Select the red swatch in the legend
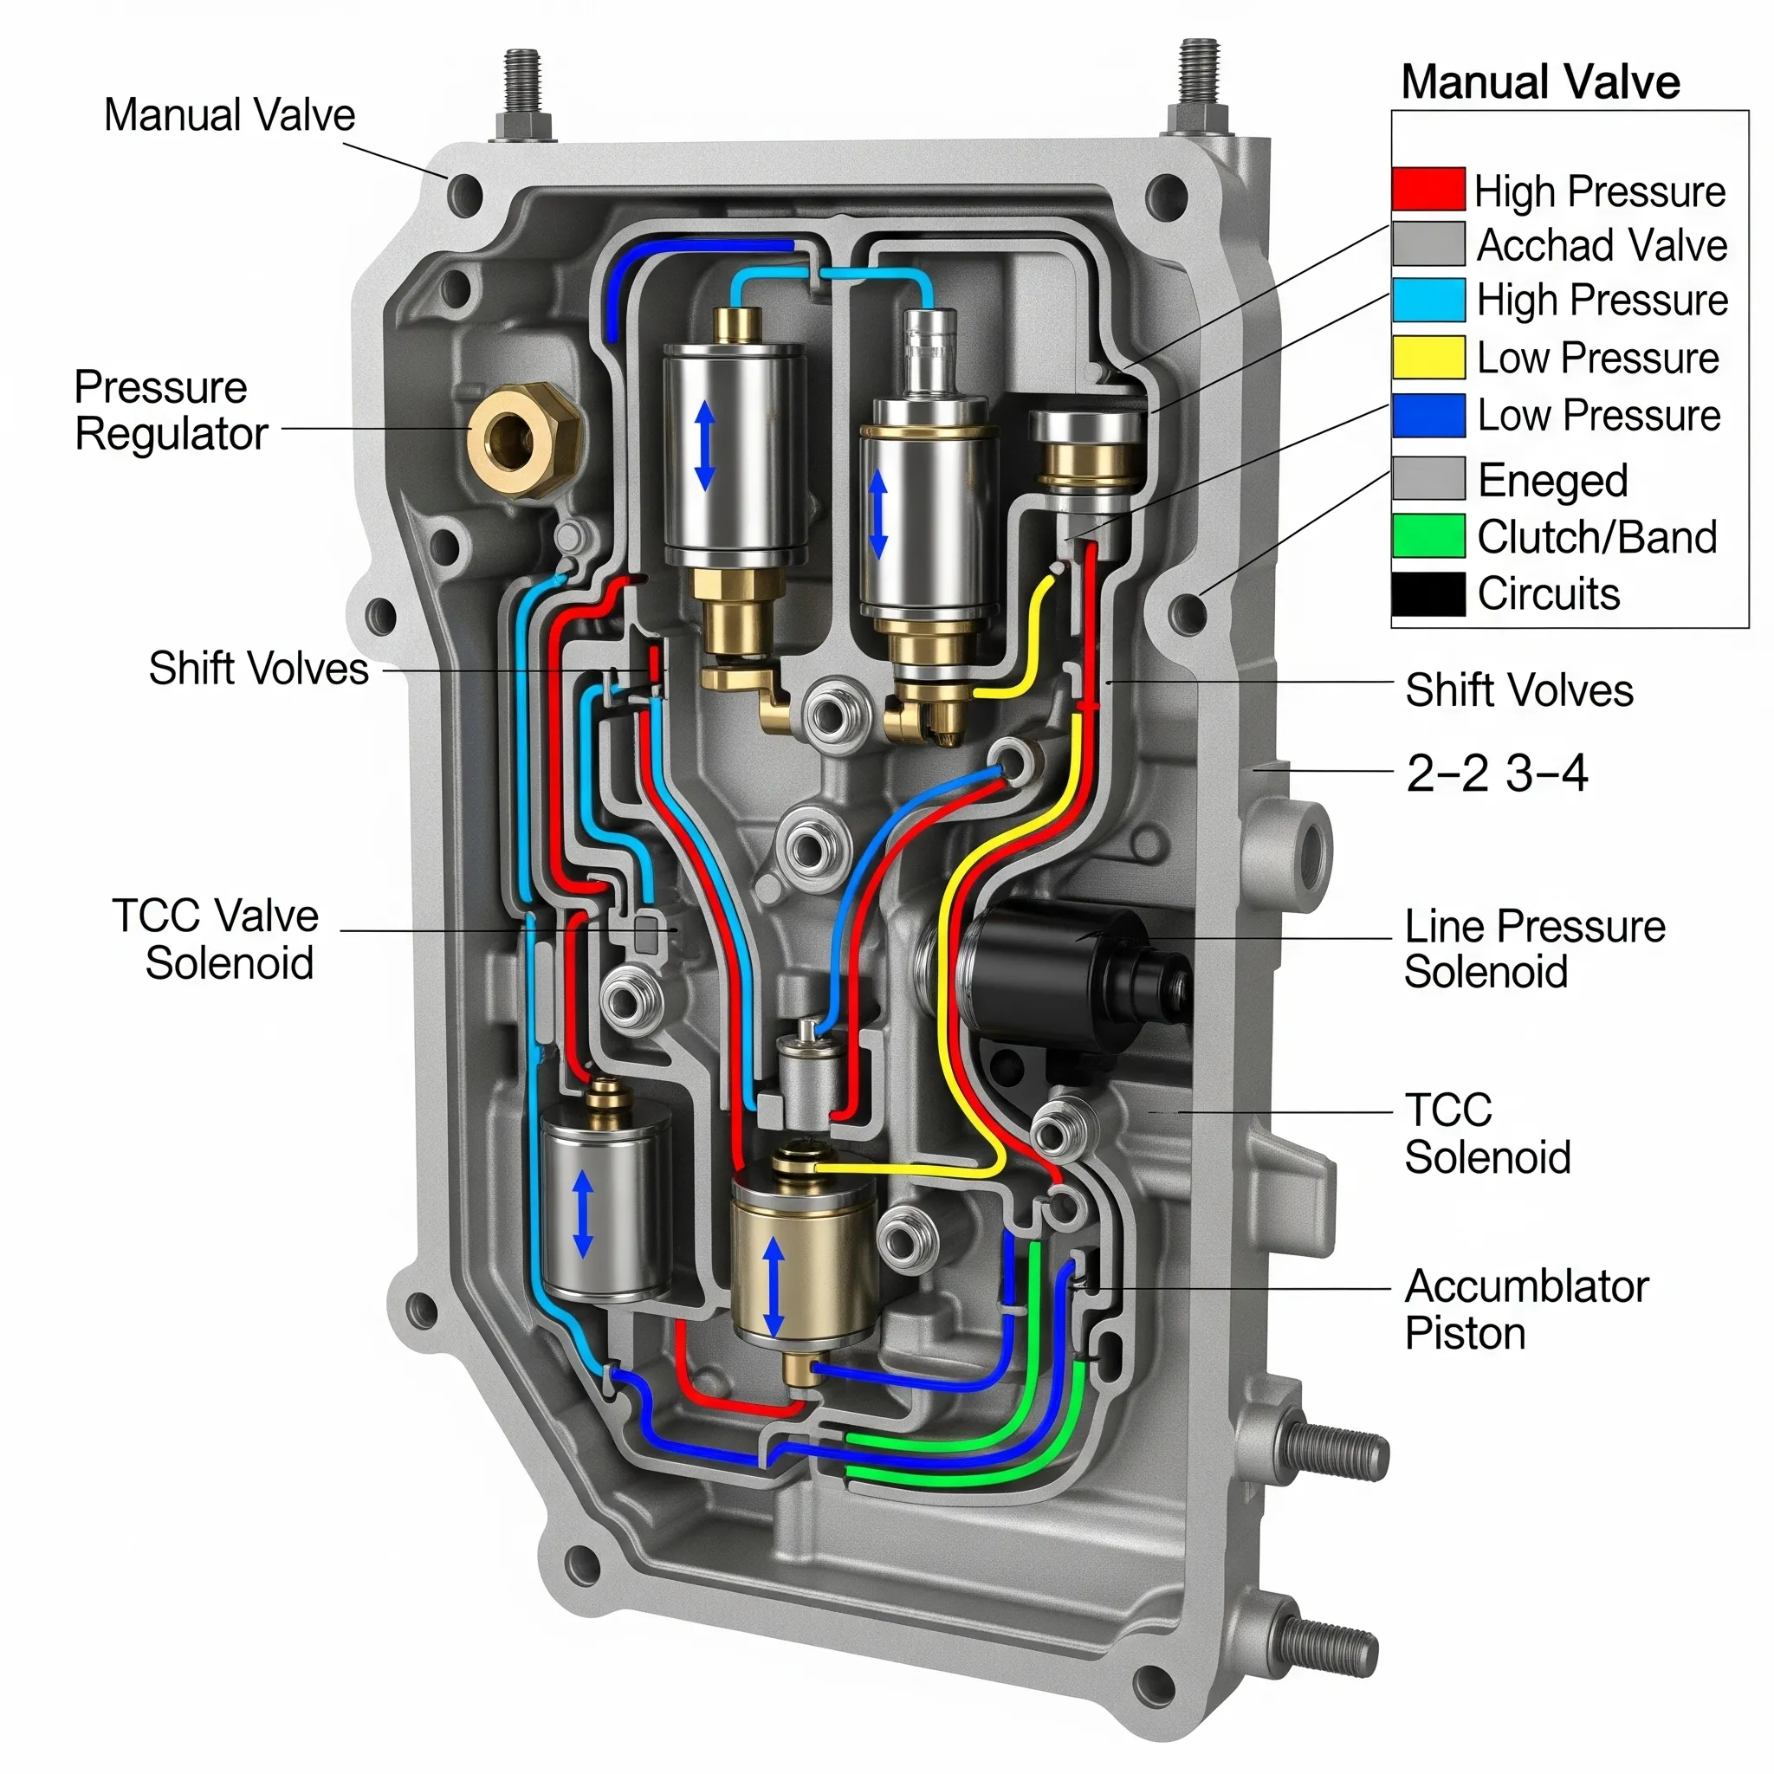[1427, 189]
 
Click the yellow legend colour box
[1427, 357]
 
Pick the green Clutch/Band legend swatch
[1427, 535]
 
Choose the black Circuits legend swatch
[1427, 593]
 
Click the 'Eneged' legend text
[1551, 480]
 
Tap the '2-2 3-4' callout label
[1496, 774]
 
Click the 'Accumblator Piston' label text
[1525, 1310]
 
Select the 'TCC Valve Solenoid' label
[217, 938]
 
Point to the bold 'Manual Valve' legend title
[1540, 81]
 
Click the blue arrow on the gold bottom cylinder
[774, 1285]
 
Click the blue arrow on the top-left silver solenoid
[704, 447]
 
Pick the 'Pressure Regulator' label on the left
[169, 410]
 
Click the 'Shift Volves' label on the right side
[1518, 690]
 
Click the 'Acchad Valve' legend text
[1601, 245]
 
